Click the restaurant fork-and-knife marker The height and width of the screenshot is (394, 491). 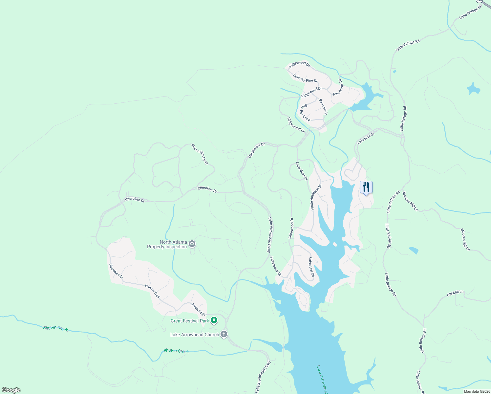coord(366,187)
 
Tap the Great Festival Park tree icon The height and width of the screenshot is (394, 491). coord(214,320)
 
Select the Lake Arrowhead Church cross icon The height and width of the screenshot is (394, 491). coord(224,334)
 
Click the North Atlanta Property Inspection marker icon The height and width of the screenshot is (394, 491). coord(192,244)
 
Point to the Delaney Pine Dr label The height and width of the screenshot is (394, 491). coord(305,78)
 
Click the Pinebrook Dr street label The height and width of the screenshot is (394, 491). coord(338,87)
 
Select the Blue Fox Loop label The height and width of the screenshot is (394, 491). coord(305,113)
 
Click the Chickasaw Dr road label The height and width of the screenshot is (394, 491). coord(256,150)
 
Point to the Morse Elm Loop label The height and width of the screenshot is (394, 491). coord(200,154)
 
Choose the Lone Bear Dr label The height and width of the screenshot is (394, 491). coord(302,171)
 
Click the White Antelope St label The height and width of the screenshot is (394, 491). coord(316,197)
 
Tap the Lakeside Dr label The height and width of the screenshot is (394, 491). coord(366,138)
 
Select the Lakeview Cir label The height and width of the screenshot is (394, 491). coord(311,267)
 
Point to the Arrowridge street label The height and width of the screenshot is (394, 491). coord(198,309)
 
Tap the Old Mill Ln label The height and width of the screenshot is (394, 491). coord(455,293)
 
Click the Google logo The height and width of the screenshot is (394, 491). coord(11,390)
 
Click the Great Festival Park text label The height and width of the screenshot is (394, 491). coord(190,321)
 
